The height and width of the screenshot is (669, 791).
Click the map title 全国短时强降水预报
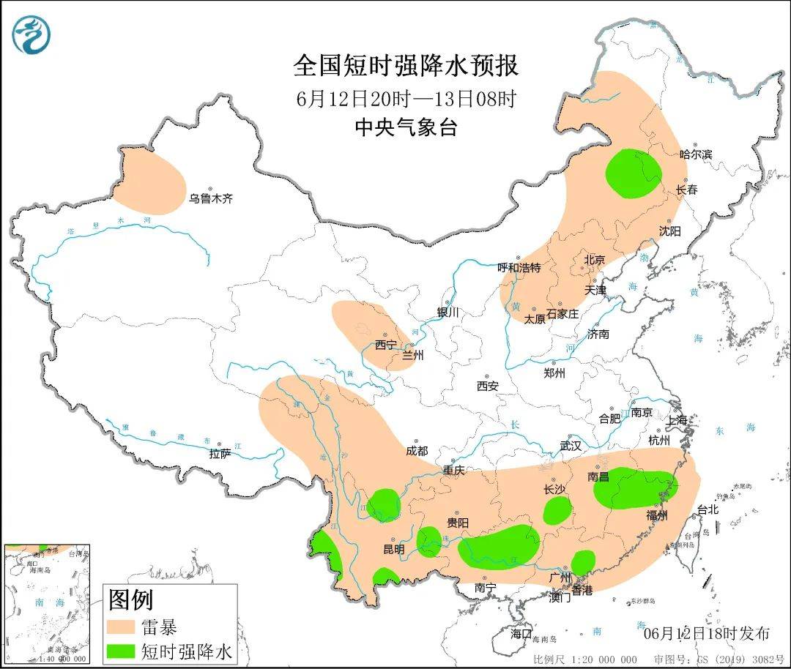[x=406, y=66]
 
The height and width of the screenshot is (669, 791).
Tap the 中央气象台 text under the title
[x=406, y=127]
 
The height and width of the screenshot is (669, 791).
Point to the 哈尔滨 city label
[x=695, y=154]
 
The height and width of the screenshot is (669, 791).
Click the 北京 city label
[x=594, y=260]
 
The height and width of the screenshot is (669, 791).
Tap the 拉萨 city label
[x=220, y=454]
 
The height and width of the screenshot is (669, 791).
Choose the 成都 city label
[x=417, y=452]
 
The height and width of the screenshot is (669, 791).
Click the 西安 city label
[x=487, y=386]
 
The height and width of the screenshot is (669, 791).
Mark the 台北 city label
[x=708, y=510]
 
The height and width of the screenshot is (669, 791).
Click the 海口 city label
[x=521, y=633]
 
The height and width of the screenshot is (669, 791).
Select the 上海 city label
[x=678, y=420]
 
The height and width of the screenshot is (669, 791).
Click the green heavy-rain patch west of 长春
[x=634, y=173]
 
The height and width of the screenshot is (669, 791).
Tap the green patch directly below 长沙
[x=557, y=510]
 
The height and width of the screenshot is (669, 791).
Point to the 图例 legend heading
[x=131, y=600]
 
